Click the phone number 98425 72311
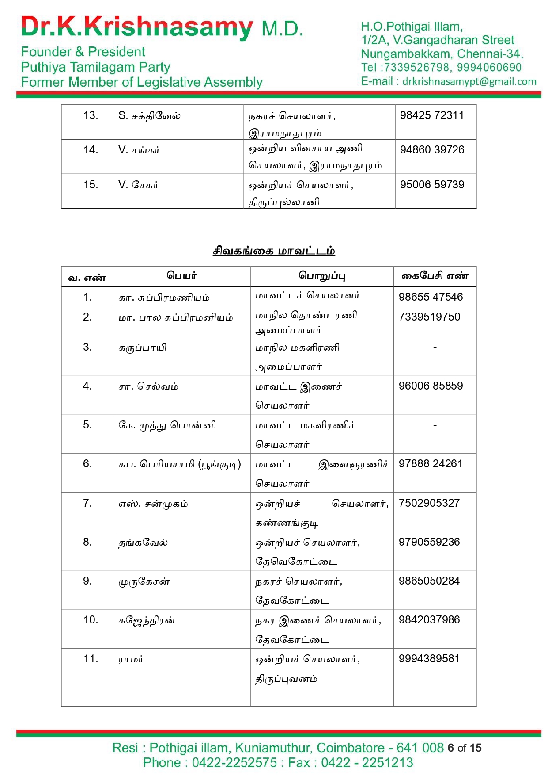[431, 115]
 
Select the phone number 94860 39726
[431, 150]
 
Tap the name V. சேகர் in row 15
[139, 185]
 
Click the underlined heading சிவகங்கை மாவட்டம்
[274, 251]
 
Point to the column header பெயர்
[181, 275]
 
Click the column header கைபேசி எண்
[435, 276]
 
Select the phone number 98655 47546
[431, 297]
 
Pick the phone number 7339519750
[429, 317]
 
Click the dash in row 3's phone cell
[435, 348]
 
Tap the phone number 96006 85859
[431, 386]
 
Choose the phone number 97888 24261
[431, 464]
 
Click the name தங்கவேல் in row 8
[143, 543]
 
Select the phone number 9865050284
[429, 581]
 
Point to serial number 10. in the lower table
[91, 620]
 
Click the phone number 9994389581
[429, 659]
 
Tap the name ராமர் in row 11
[131, 660]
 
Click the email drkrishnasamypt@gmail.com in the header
[469, 82]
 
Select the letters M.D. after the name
[282, 29]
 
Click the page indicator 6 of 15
[464, 748]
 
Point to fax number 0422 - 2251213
[367, 763]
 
